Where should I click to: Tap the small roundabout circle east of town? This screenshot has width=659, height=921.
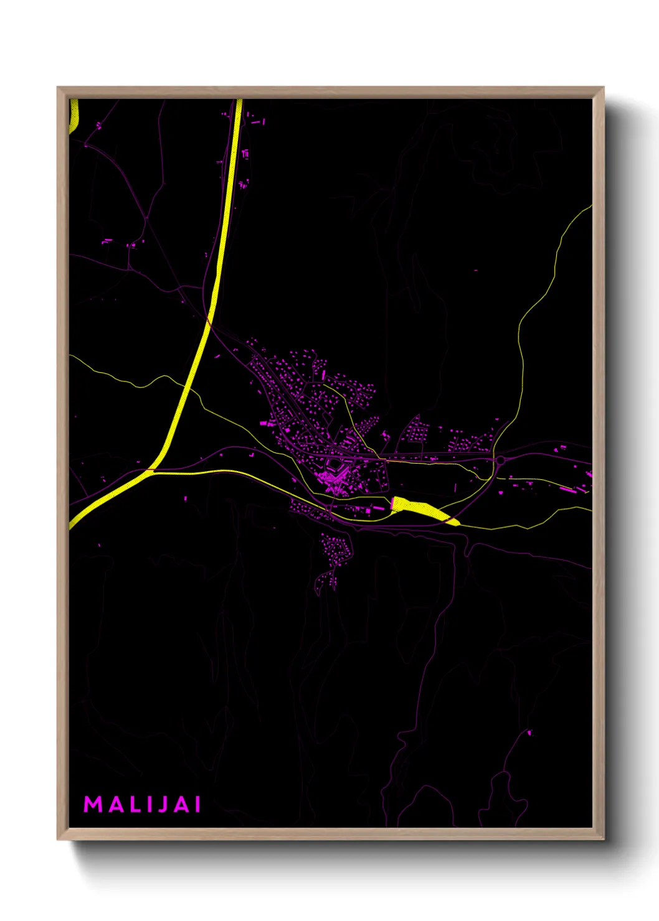pos(500,460)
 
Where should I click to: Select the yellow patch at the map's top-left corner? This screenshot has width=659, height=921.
pos(73,116)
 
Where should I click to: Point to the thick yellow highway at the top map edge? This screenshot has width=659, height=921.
pos(239,102)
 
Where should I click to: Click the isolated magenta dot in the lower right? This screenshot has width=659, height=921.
pos(530,732)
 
